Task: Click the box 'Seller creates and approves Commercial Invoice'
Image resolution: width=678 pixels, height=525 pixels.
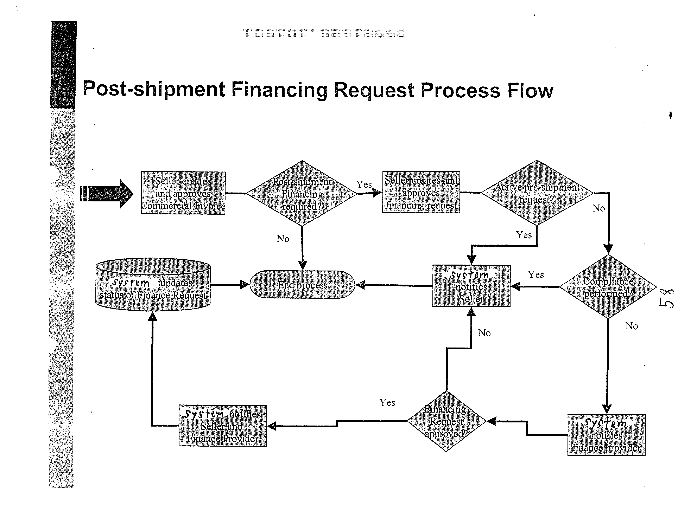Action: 183,193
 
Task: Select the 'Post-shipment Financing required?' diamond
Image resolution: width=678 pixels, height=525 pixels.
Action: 302,193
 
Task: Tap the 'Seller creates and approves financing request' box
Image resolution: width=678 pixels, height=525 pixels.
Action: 421,192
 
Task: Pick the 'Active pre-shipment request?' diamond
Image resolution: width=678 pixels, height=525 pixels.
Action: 537,193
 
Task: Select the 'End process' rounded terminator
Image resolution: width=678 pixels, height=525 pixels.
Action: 302,285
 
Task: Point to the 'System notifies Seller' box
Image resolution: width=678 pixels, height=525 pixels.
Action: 471,286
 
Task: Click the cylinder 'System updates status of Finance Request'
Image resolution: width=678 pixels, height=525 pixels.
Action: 153,285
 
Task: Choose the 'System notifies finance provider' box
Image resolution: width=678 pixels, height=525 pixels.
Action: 606,435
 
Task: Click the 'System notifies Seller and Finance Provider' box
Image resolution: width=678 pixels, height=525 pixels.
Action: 223,426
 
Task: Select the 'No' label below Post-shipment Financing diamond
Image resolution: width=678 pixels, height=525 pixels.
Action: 283,239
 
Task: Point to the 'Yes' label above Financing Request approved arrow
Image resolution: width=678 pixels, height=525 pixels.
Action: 387,402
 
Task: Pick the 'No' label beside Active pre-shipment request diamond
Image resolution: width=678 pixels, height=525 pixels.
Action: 598,208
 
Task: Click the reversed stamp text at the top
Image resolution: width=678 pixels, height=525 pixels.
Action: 324,33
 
